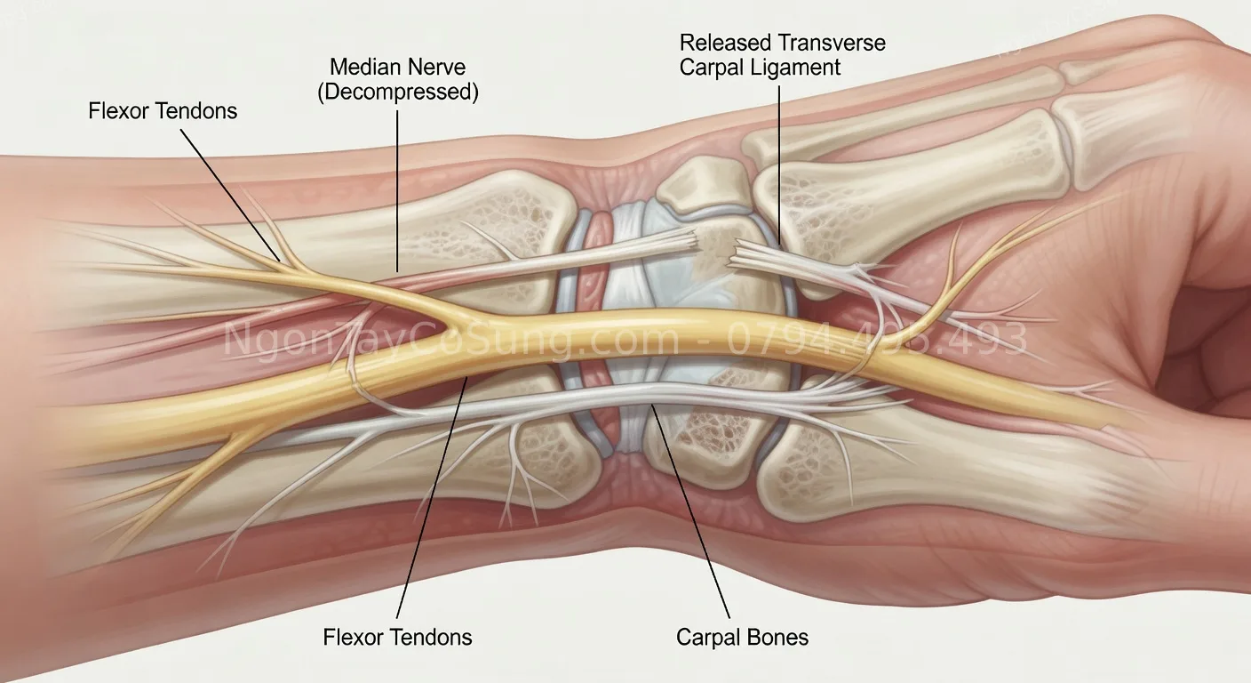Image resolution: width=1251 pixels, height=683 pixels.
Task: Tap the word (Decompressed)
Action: [398, 92]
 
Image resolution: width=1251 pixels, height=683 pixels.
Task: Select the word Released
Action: [725, 43]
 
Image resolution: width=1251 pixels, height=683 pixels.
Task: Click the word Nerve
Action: [436, 67]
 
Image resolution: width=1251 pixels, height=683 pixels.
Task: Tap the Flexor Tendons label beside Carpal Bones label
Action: [397, 637]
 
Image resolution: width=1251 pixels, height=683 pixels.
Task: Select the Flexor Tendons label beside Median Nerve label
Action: [163, 111]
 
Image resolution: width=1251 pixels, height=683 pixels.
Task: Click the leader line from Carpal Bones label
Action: [693, 516]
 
